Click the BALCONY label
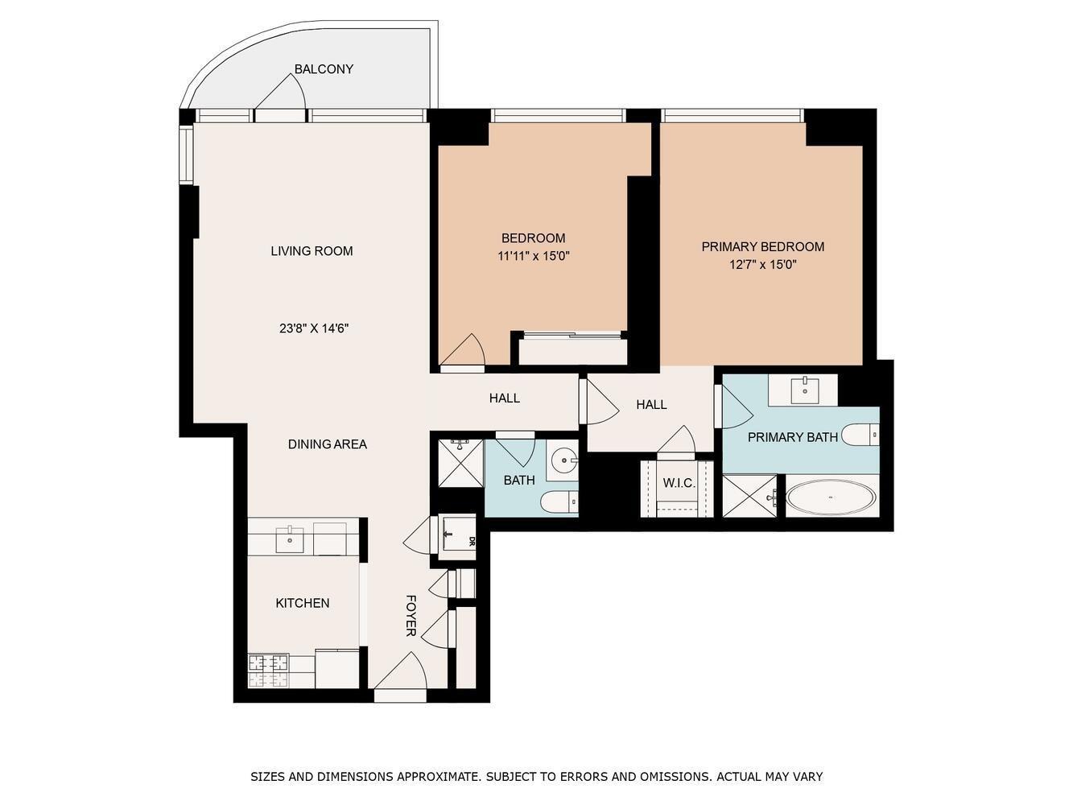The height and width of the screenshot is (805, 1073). (324, 69)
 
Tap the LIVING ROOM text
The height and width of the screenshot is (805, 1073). (312, 250)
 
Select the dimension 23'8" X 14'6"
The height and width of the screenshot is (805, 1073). (314, 328)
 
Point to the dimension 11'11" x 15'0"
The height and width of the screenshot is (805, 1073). (534, 256)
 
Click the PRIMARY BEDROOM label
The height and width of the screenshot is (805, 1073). (763, 246)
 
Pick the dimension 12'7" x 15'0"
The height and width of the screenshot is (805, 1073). (763, 264)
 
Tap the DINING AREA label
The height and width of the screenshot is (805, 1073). (328, 444)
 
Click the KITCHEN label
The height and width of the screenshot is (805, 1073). (303, 603)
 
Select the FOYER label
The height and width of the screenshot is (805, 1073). (411, 615)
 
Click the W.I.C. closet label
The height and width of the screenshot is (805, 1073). (679, 483)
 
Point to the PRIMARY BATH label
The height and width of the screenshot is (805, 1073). (793, 437)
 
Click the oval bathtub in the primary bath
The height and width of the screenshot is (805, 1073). (831, 497)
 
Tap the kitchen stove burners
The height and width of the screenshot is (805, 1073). (268, 671)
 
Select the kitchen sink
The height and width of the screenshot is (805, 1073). (290, 539)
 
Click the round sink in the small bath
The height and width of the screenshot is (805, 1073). (564, 460)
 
